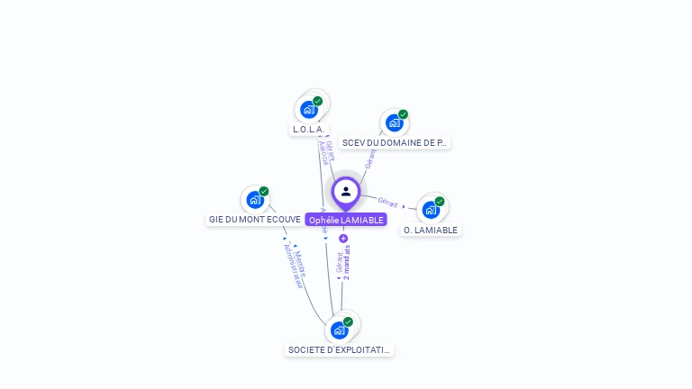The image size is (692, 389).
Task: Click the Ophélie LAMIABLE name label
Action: coord(346,220)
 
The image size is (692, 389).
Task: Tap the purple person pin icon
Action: coord(346,192)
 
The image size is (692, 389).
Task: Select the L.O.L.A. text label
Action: coord(308,130)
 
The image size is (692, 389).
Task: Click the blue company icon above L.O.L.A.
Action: coord(309,110)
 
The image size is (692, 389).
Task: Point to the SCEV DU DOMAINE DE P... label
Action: coord(395,142)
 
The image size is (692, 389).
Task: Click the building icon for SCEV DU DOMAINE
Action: coord(394,122)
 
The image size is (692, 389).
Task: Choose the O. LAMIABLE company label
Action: coord(431,230)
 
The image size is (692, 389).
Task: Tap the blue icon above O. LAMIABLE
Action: coord(431,210)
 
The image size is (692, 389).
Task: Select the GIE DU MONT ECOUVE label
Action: coord(255,219)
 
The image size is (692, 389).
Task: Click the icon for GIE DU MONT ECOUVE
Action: coord(255,199)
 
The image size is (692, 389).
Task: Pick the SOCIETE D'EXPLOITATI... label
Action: coord(340,349)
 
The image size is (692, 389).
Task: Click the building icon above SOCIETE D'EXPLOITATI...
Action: coord(339,330)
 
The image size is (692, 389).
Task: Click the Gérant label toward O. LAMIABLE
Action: coord(388,202)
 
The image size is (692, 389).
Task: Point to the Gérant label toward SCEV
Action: coord(369,159)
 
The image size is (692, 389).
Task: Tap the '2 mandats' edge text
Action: coord(347,262)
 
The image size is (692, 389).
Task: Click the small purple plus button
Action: coord(343,239)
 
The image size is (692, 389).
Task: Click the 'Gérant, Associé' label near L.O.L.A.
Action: coord(327,152)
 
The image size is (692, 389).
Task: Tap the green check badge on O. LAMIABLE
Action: coord(440,202)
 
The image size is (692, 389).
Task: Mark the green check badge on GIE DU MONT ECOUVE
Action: coord(264,191)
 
